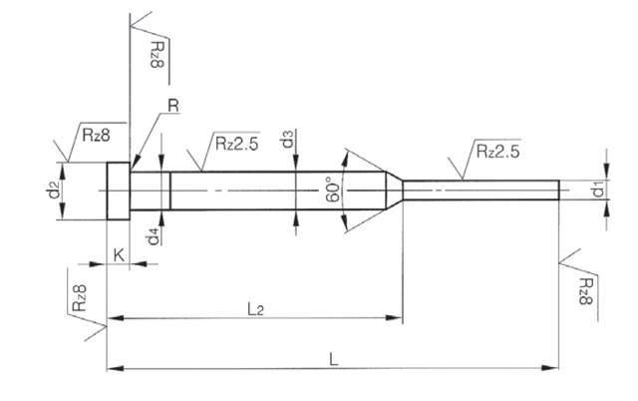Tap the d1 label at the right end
(x=597, y=189)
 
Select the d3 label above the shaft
(x=286, y=139)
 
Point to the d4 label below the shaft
(x=153, y=237)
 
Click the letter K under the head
(x=119, y=255)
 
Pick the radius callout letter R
(x=172, y=106)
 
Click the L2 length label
(x=255, y=309)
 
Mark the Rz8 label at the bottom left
(x=83, y=300)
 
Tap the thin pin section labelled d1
(x=478, y=189)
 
